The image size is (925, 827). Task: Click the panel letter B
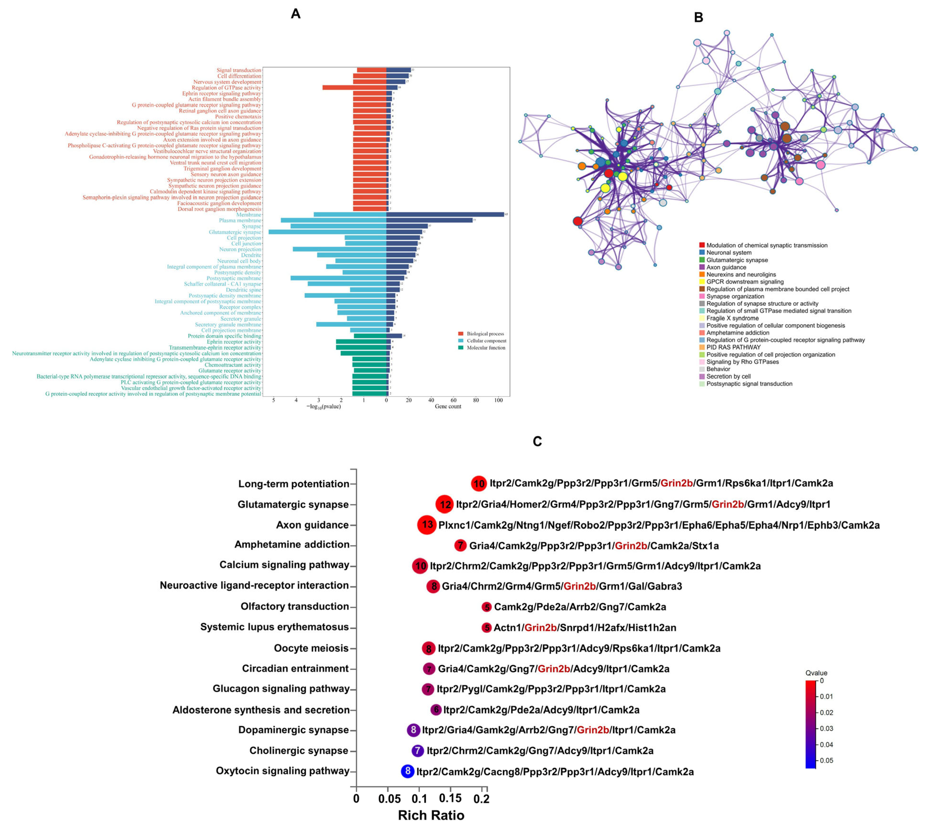pyautogui.click(x=699, y=17)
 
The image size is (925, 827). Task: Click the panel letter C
pyautogui.click(x=537, y=441)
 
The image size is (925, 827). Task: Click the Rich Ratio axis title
pyautogui.click(x=431, y=815)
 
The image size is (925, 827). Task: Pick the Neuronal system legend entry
pyautogui.click(x=729, y=253)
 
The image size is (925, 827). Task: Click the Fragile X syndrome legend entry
pyautogui.click(x=732, y=318)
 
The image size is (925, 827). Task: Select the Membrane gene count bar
pyautogui.click(x=445, y=214)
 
